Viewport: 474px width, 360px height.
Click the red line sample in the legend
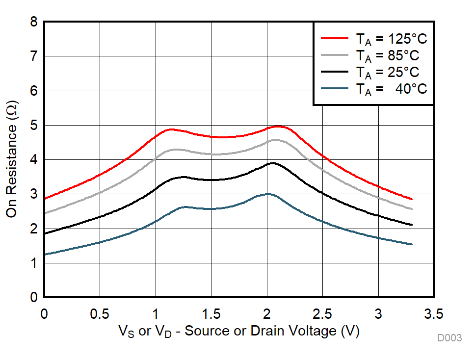point(335,37)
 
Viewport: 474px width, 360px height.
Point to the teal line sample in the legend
point(335,89)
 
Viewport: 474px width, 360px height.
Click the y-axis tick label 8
point(33,22)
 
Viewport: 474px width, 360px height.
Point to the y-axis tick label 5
point(33,126)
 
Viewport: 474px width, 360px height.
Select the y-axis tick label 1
point(33,263)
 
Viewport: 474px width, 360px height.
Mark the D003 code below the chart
point(450,338)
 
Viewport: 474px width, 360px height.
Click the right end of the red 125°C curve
point(412,199)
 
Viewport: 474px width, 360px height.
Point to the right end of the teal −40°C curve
point(412,244)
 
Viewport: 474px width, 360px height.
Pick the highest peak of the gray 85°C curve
point(275,140)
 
